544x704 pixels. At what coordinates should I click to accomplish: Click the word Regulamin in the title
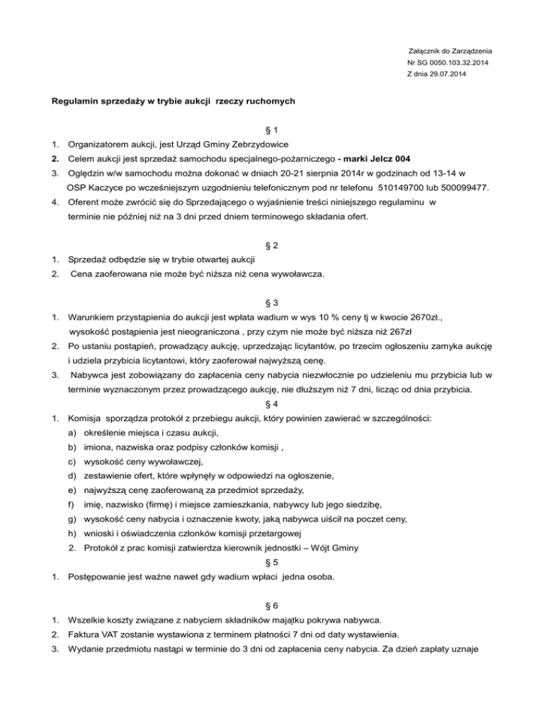pos(77,101)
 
